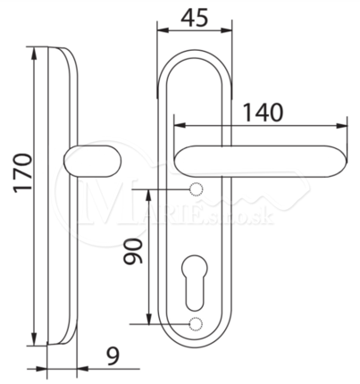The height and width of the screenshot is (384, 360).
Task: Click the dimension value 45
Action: coord(194,18)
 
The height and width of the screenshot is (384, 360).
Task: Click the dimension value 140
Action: coord(263,113)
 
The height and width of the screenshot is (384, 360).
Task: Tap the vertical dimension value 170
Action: coord(23,172)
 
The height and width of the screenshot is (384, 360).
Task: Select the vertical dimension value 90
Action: coord(133,251)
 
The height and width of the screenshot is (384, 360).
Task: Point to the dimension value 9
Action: coord(113,356)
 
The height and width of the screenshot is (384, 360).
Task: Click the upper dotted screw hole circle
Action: coord(196,189)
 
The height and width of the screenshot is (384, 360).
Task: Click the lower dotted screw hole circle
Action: coord(196,324)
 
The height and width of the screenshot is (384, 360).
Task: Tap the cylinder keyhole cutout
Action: coord(196,282)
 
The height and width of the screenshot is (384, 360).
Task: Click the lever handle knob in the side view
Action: coord(93,161)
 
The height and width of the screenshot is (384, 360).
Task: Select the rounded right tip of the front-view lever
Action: coord(346,161)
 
